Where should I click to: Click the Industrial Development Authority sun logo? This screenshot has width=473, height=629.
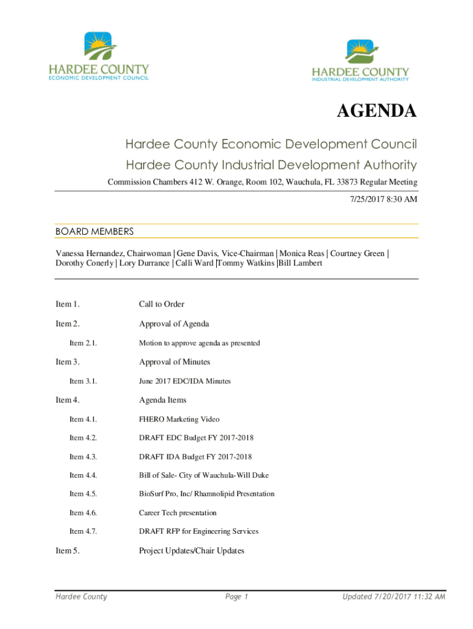point(359,52)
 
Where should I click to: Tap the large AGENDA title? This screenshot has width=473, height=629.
point(376,112)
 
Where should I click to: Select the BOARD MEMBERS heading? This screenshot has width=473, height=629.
point(95,232)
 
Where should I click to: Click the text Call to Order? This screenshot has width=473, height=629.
point(162,304)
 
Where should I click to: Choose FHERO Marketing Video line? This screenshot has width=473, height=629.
point(179,420)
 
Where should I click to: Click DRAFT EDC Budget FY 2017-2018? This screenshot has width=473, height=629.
point(196,438)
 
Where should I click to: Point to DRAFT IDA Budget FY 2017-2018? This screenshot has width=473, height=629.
point(195,457)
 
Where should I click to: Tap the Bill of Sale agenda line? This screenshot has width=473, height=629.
point(203,475)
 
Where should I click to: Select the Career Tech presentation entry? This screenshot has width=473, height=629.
point(178,513)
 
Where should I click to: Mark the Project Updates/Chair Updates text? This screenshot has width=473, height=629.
point(192,551)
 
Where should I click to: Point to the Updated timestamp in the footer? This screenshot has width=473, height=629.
point(394,597)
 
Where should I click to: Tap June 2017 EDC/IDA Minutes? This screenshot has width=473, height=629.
point(185,381)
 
